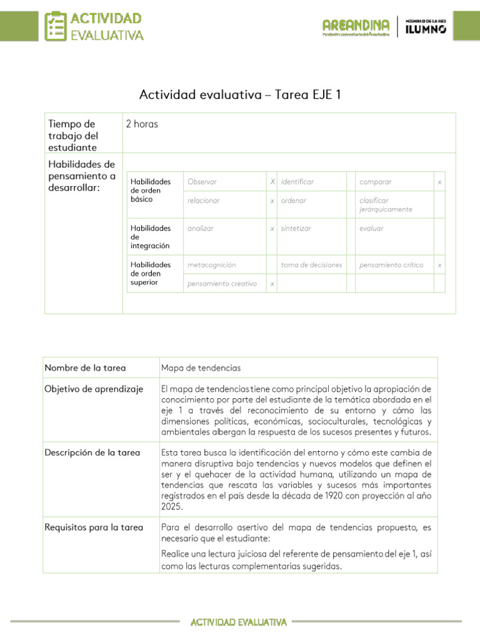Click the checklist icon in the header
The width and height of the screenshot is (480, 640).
[x=56, y=26]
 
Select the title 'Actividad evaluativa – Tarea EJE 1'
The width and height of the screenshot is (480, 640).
[x=240, y=95]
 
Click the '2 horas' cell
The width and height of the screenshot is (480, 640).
[x=142, y=124]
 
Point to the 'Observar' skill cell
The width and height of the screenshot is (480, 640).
[x=202, y=182]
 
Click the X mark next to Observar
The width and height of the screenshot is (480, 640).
[x=272, y=182]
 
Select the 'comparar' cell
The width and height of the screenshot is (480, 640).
[x=376, y=182]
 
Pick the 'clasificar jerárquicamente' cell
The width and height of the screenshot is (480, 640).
[x=386, y=205]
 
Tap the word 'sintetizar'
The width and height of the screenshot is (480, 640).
[x=296, y=229]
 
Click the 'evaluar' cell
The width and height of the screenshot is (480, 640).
[x=371, y=229]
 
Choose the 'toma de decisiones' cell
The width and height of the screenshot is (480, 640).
[x=311, y=265]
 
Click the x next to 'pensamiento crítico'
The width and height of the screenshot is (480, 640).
[x=439, y=265]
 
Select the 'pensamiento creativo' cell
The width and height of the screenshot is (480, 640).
[x=222, y=284]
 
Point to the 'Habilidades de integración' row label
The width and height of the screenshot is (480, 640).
[x=150, y=237]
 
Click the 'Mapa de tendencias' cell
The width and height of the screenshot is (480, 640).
[x=201, y=368]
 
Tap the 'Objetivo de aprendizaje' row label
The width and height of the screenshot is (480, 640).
[x=94, y=389]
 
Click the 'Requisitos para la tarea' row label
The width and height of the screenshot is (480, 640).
[x=94, y=527]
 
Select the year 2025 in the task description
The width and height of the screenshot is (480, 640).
[x=172, y=507]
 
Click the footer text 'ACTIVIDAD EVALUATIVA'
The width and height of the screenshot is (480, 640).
[x=239, y=622]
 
